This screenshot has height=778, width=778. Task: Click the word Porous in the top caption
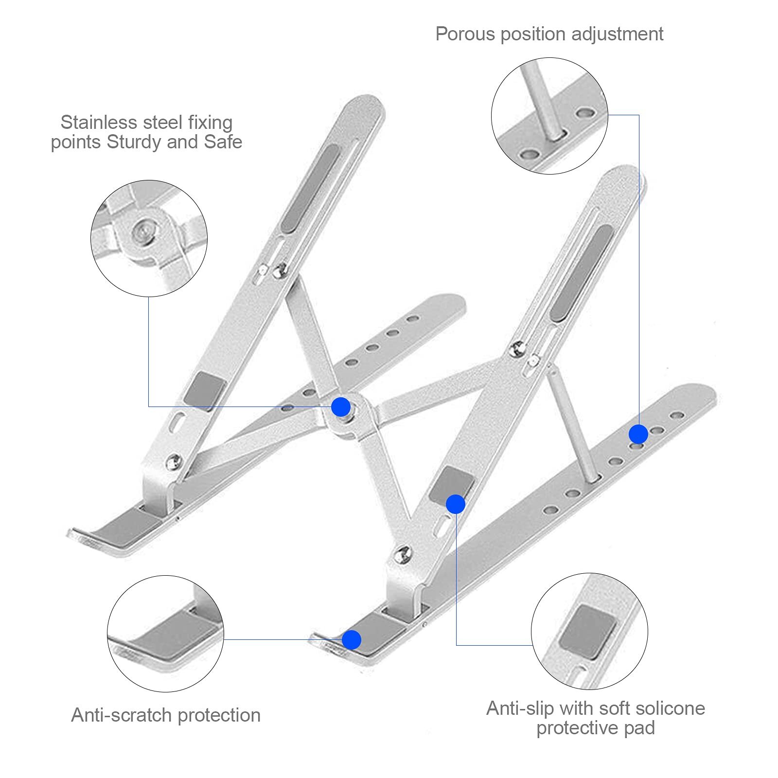pyautogui.click(x=465, y=35)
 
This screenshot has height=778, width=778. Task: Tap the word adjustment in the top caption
pyautogui.click(x=618, y=35)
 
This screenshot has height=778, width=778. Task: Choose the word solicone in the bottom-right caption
pyautogui.click(x=669, y=708)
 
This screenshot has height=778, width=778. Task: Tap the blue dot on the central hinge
pyautogui.click(x=341, y=407)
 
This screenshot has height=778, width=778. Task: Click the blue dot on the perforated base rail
pyautogui.click(x=638, y=434)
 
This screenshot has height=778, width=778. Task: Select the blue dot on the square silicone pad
pyautogui.click(x=456, y=504)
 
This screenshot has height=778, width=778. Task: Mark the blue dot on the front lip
pyautogui.click(x=352, y=640)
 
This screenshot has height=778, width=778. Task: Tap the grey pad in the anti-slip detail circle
pyautogui.click(x=587, y=632)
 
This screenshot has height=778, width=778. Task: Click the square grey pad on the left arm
pyautogui.click(x=205, y=390)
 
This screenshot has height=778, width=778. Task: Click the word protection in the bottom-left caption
pyautogui.click(x=219, y=716)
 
